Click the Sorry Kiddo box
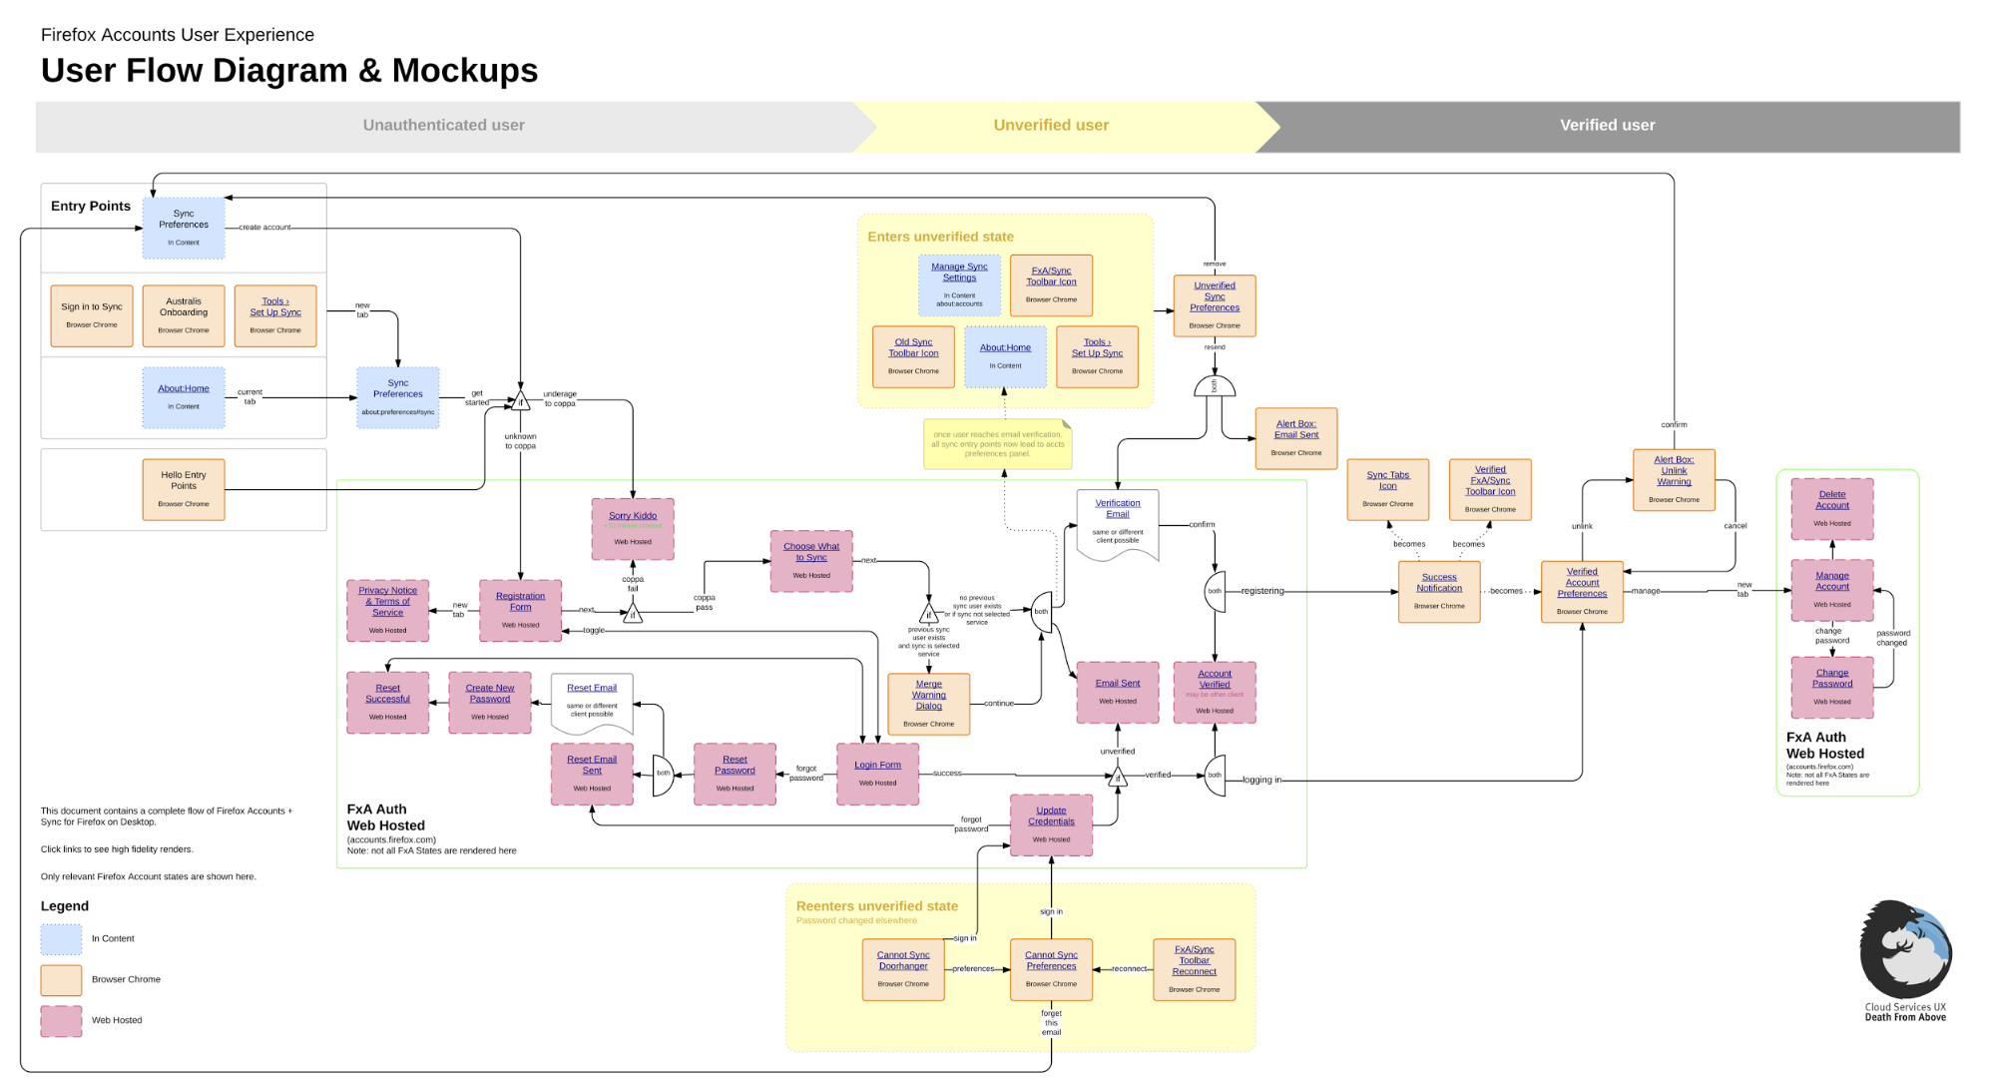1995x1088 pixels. [633, 529]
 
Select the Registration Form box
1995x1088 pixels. [520, 610]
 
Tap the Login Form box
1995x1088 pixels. [877, 774]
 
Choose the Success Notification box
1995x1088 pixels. [1438, 591]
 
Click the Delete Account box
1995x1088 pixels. [1831, 508]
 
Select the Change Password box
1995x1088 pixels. [1831, 687]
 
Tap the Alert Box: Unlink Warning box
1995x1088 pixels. [1674, 479]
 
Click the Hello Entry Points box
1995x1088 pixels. [184, 489]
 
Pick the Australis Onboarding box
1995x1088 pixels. [184, 315]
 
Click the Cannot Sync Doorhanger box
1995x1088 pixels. [903, 969]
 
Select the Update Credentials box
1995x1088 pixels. [1051, 824]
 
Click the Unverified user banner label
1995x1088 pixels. [1051, 125]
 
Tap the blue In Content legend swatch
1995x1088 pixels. [61, 938]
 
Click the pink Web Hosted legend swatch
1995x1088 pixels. [61, 1020]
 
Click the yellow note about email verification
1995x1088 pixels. [997, 444]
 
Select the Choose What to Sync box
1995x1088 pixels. [811, 561]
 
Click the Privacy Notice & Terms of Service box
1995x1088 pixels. [387, 610]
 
